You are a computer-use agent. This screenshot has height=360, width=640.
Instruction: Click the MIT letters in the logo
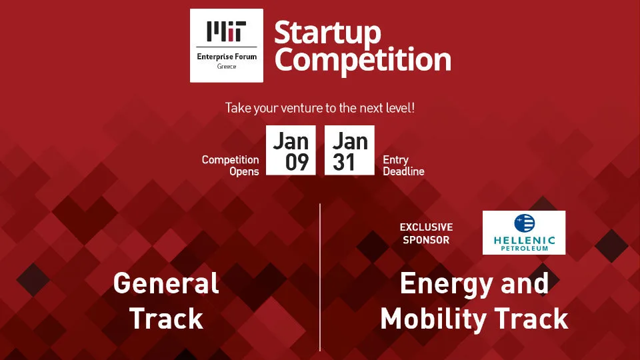tap(226, 31)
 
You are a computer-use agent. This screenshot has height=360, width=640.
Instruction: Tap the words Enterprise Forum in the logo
tap(226, 57)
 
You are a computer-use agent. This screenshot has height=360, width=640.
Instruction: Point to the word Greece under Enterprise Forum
tap(226, 67)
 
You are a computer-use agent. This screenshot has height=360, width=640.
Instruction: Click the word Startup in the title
tap(327, 32)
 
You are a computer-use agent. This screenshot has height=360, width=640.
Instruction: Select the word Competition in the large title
tap(363, 59)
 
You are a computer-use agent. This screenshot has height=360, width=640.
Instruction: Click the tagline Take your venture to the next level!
tap(320, 107)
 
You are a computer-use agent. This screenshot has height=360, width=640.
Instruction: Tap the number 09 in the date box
tap(297, 162)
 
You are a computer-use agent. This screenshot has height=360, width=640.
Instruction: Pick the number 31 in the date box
tap(344, 162)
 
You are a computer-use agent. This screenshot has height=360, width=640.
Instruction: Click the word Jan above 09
tap(291, 140)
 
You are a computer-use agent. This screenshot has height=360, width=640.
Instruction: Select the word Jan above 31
tap(350, 140)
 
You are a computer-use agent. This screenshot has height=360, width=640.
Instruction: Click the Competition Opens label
tap(231, 165)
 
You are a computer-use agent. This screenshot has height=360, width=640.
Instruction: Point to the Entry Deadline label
tap(403, 165)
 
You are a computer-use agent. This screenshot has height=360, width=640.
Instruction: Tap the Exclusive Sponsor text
tap(426, 233)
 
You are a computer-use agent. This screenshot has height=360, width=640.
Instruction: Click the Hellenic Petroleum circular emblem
tap(524, 223)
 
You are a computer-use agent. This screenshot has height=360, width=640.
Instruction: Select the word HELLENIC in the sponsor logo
tap(524, 240)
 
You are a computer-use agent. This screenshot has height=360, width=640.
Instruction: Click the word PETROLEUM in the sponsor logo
tap(524, 249)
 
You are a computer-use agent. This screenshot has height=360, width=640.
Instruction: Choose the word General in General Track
tap(166, 284)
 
